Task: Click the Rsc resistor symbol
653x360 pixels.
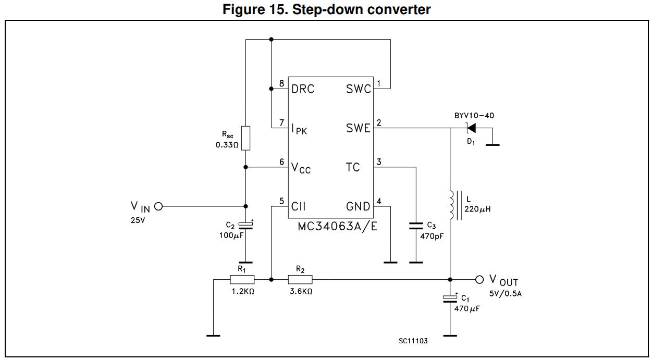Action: coord(245,138)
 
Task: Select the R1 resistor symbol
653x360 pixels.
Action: coord(242,279)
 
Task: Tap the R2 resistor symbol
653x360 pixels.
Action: coord(300,279)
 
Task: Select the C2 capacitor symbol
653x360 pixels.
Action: coord(245,225)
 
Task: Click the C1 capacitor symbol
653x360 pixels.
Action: coord(450,298)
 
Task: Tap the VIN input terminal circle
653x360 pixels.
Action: coord(158,206)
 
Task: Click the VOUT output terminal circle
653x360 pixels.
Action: coord(479,279)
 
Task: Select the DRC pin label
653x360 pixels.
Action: coord(303,89)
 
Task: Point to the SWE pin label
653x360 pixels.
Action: coord(358,128)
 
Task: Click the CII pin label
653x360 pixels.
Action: coord(299,207)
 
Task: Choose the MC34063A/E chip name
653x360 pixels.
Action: coord(337,227)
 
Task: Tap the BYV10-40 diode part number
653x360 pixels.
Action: coord(474,115)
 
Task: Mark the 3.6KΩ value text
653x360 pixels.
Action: coord(301,292)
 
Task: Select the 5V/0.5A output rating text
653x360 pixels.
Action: coord(506,293)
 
